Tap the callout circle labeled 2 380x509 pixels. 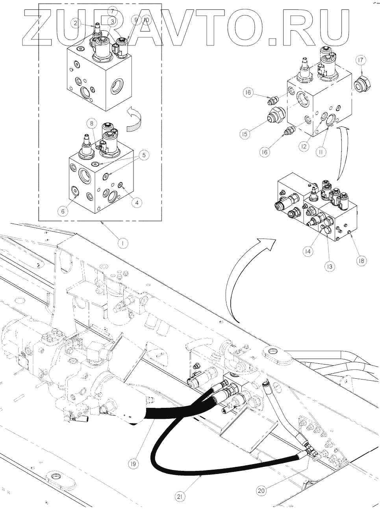tap(76, 23)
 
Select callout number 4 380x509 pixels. tap(136, 203)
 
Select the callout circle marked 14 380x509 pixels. tap(308, 250)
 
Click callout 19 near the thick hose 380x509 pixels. tap(134, 464)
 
